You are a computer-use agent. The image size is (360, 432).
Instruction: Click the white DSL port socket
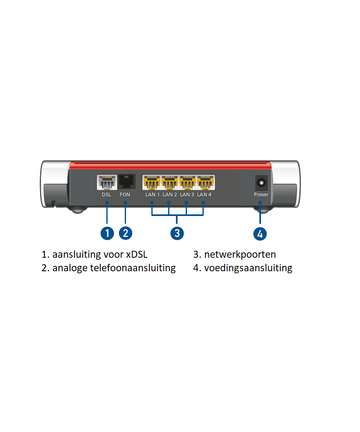[x=106, y=182]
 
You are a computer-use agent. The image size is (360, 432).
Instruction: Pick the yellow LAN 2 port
[x=170, y=182]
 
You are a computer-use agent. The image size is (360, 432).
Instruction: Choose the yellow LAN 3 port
[x=187, y=182]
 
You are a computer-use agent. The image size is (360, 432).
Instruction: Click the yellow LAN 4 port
[x=205, y=182]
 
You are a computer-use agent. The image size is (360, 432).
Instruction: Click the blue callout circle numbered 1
[x=107, y=233]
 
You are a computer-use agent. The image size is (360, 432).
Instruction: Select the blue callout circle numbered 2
[x=126, y=233]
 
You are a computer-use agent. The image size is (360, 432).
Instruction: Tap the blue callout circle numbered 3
[x=177, y=233]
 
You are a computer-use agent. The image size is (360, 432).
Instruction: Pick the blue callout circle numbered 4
[x=260, y=234]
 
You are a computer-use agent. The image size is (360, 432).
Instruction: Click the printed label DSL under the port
[x=106, y=195]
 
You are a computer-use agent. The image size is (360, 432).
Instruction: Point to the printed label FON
[x=125, y=195]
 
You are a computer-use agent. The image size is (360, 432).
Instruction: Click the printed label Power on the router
[x=261, y=195]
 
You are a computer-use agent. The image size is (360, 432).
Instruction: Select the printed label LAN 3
[x=187, y=195]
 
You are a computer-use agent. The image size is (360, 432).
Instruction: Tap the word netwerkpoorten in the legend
[x=240, y=254]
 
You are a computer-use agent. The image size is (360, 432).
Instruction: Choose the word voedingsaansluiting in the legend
[x=248, y=268]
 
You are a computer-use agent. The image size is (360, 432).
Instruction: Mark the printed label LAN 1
[x=153, y=195]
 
